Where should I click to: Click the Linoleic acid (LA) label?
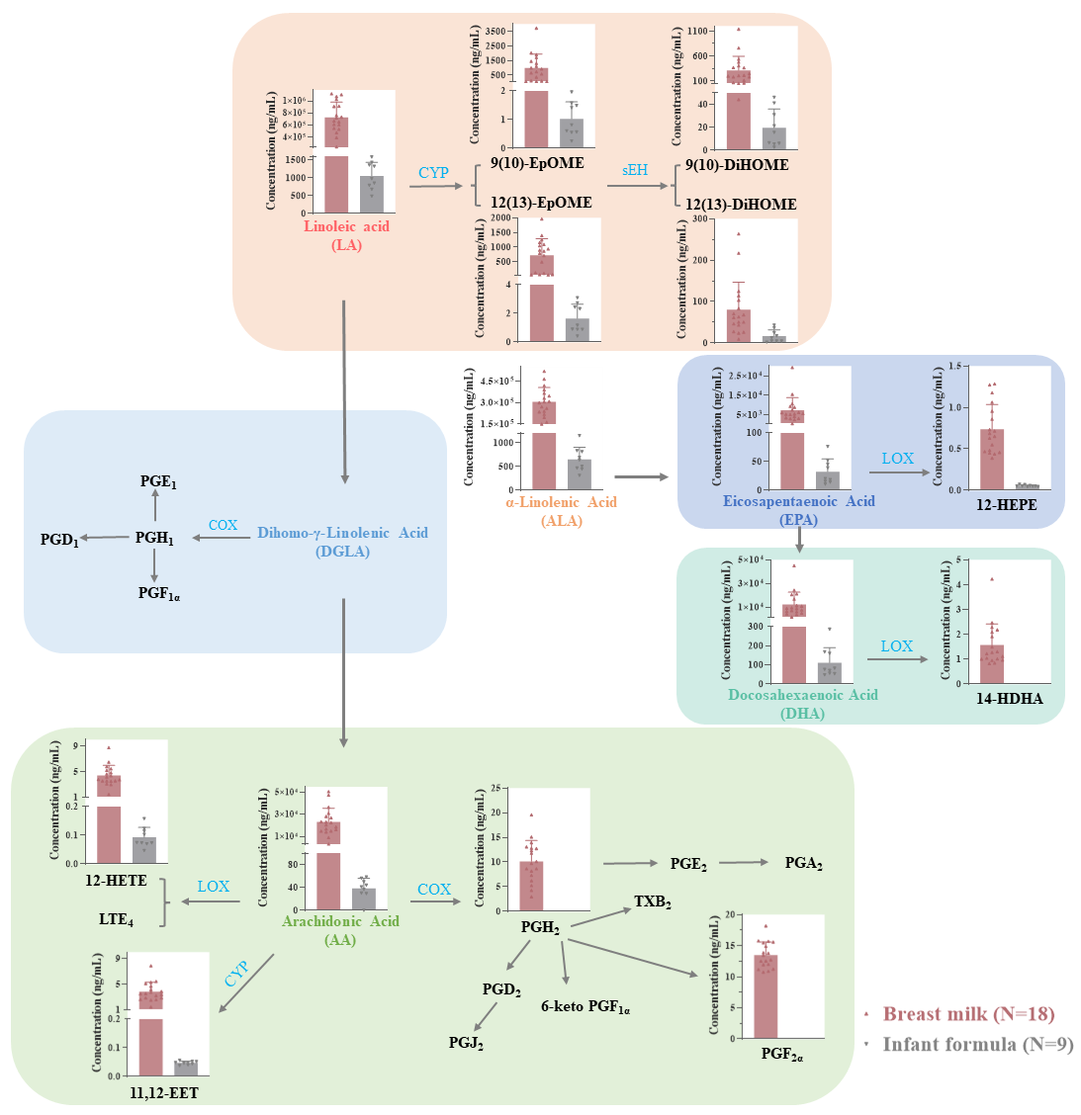[346, 235]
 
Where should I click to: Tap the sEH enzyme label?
[635, 170]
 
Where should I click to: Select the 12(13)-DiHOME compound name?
[741, 205]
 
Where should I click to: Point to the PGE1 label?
[157, 482]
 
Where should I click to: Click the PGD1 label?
[59, 540]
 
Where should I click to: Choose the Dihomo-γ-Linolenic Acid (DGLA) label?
[342, 542]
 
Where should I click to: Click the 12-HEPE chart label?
[1006, 505]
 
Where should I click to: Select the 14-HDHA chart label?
[1009, 699]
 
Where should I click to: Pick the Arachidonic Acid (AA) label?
[340, 930]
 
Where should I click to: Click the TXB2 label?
[653, 902]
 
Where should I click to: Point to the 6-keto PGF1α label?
[586, 1007]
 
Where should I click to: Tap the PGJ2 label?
[466, 1042]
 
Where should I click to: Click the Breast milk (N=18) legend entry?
[968, 1014]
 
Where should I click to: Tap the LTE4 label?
[116, 919]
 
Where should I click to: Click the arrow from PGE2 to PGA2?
[744, 862]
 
